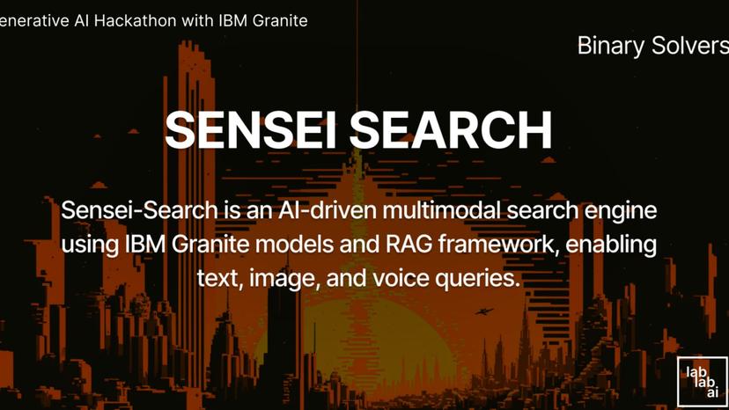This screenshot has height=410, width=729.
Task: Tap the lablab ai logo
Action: pos(702,381)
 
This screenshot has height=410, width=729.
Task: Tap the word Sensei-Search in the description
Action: pos(127,211)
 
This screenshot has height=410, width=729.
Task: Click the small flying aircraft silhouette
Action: pos(482,311)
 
